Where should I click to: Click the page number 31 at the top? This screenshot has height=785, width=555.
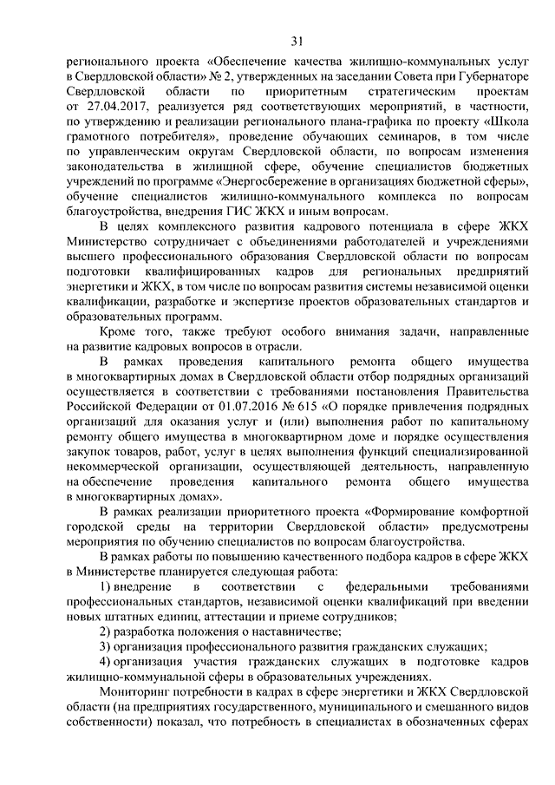[x=297, y=41]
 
